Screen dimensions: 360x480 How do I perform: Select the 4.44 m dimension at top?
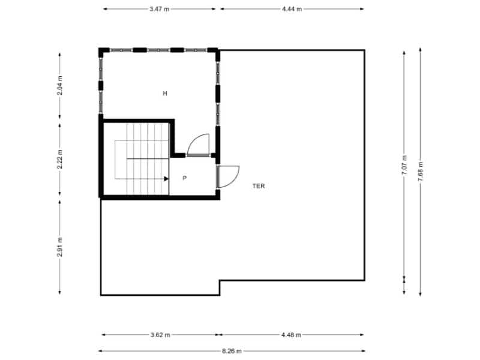click(x=292, y=9)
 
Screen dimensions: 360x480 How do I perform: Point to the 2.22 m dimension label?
click(x=60, y=159)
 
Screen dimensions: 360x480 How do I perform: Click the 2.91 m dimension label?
click(x=60, y=247)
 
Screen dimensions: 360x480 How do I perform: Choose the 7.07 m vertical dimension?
click(x=404, y=164)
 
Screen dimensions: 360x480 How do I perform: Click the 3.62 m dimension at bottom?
click(x=160, y=335)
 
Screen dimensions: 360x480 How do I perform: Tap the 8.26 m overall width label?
click(x=231, y=351)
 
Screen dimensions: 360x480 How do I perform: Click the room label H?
click(x=164, y=94)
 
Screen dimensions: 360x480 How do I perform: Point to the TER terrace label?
click(x=259, y=186)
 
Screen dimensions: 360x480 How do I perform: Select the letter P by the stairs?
click(x=184, y=178)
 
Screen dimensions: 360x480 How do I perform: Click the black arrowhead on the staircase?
click(x=166, y=178)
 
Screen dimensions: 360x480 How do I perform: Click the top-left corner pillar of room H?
click(x=102, y=51)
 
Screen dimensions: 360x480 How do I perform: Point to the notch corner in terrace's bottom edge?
click(x=220, y=280)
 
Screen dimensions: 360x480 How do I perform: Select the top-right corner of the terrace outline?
click(x=364, y=50)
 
